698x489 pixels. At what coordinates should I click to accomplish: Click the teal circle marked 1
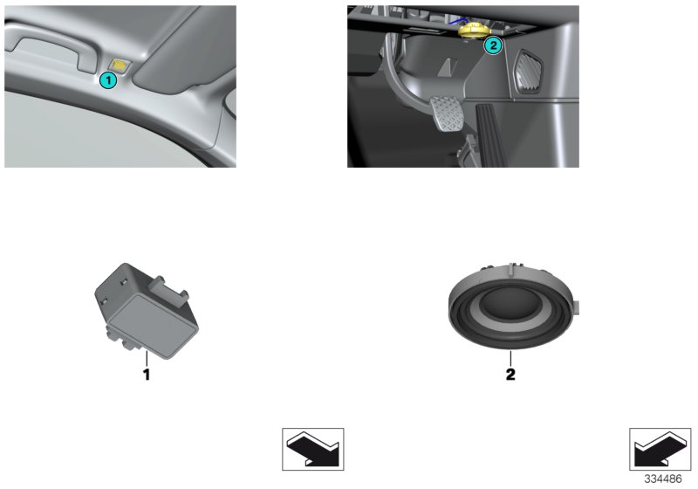pos(107,80)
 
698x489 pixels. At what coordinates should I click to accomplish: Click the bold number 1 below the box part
pos(147,375)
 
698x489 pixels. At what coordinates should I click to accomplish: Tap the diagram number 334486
pos(663,480)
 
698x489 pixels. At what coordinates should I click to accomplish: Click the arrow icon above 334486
pos(659,450)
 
